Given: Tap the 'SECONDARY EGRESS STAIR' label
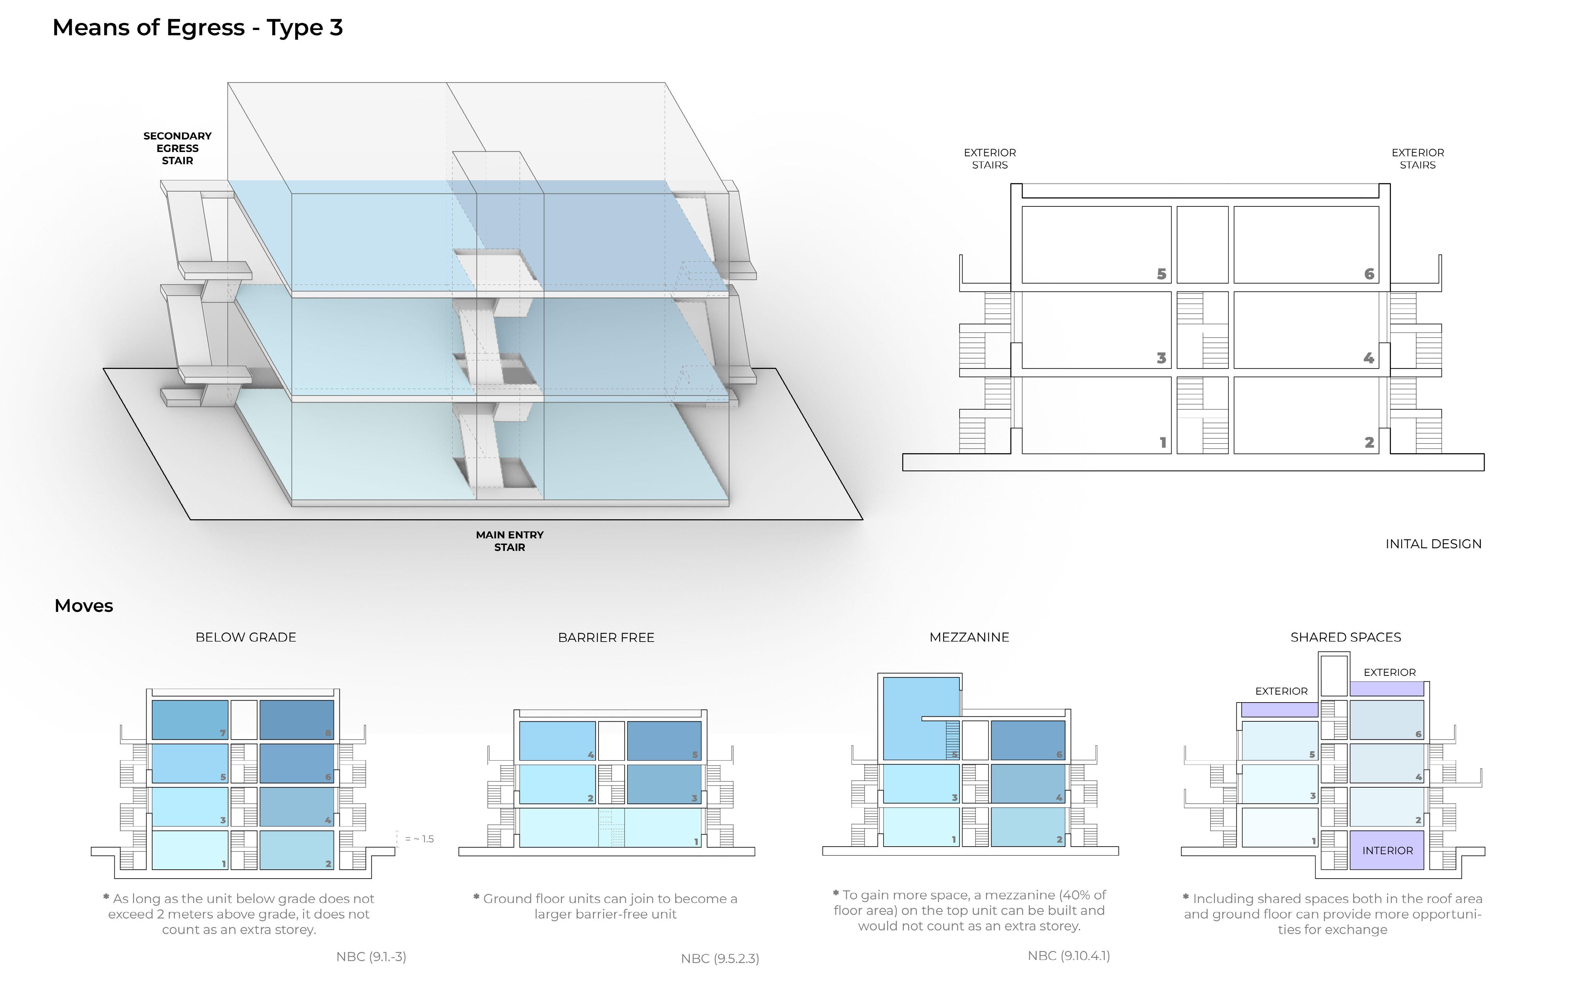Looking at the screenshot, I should pos(178,148).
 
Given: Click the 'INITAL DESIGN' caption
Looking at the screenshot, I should pos(1433,544).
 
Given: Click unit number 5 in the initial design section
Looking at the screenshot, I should pos(1161,274).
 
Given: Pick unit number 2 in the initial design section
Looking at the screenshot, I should pos(1369,443).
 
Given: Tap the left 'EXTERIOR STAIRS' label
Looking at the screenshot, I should pos(990,159).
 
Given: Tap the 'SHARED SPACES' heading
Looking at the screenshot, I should pos(1345,637).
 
